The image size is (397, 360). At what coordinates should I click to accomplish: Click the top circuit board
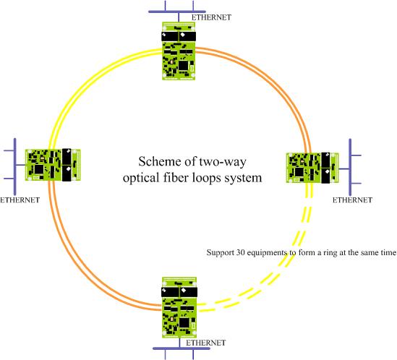pos(179,51)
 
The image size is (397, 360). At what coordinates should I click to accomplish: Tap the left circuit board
pos(53,165)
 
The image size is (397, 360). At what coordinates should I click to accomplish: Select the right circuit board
pos(312,168)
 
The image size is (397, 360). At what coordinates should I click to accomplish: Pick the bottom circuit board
pos(179,308)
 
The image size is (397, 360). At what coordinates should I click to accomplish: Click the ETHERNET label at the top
pos(211,17)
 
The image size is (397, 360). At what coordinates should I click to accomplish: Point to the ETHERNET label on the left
pos(20,200)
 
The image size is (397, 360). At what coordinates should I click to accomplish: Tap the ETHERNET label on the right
pos(352,200)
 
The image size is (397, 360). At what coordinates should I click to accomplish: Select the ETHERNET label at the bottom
pos(205,343)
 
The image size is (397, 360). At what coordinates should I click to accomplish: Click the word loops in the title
pos(205,177)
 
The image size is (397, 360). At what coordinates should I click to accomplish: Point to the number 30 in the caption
pos(240,252)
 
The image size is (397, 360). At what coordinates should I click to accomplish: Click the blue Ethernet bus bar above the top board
pos(177,12)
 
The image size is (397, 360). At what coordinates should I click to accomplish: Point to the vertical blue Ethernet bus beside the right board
pos(350,168)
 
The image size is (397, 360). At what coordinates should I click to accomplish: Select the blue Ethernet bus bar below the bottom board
pos(182,348)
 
